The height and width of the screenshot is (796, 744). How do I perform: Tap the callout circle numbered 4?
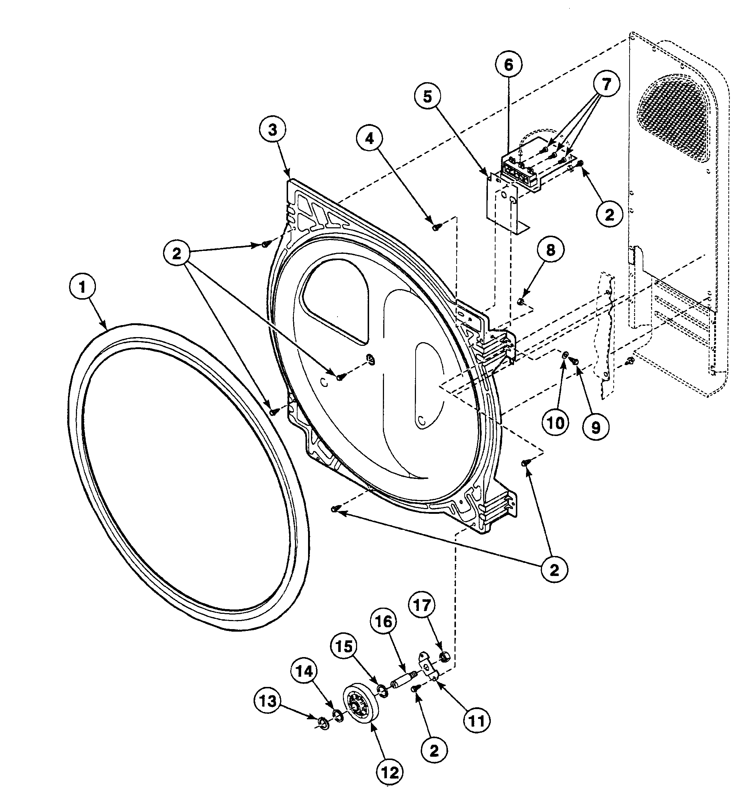point(369,139)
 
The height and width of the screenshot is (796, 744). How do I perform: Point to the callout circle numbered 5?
point(428,96)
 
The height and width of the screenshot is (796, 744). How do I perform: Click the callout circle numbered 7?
point(606,84)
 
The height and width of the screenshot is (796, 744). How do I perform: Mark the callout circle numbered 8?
point(551,250)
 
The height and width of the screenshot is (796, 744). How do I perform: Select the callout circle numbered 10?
point(555,423)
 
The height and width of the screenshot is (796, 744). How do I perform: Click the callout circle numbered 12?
point(390,772)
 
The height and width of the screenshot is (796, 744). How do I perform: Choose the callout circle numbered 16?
point(383,621)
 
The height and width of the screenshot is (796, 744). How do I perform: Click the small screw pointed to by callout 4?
point(435,227)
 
